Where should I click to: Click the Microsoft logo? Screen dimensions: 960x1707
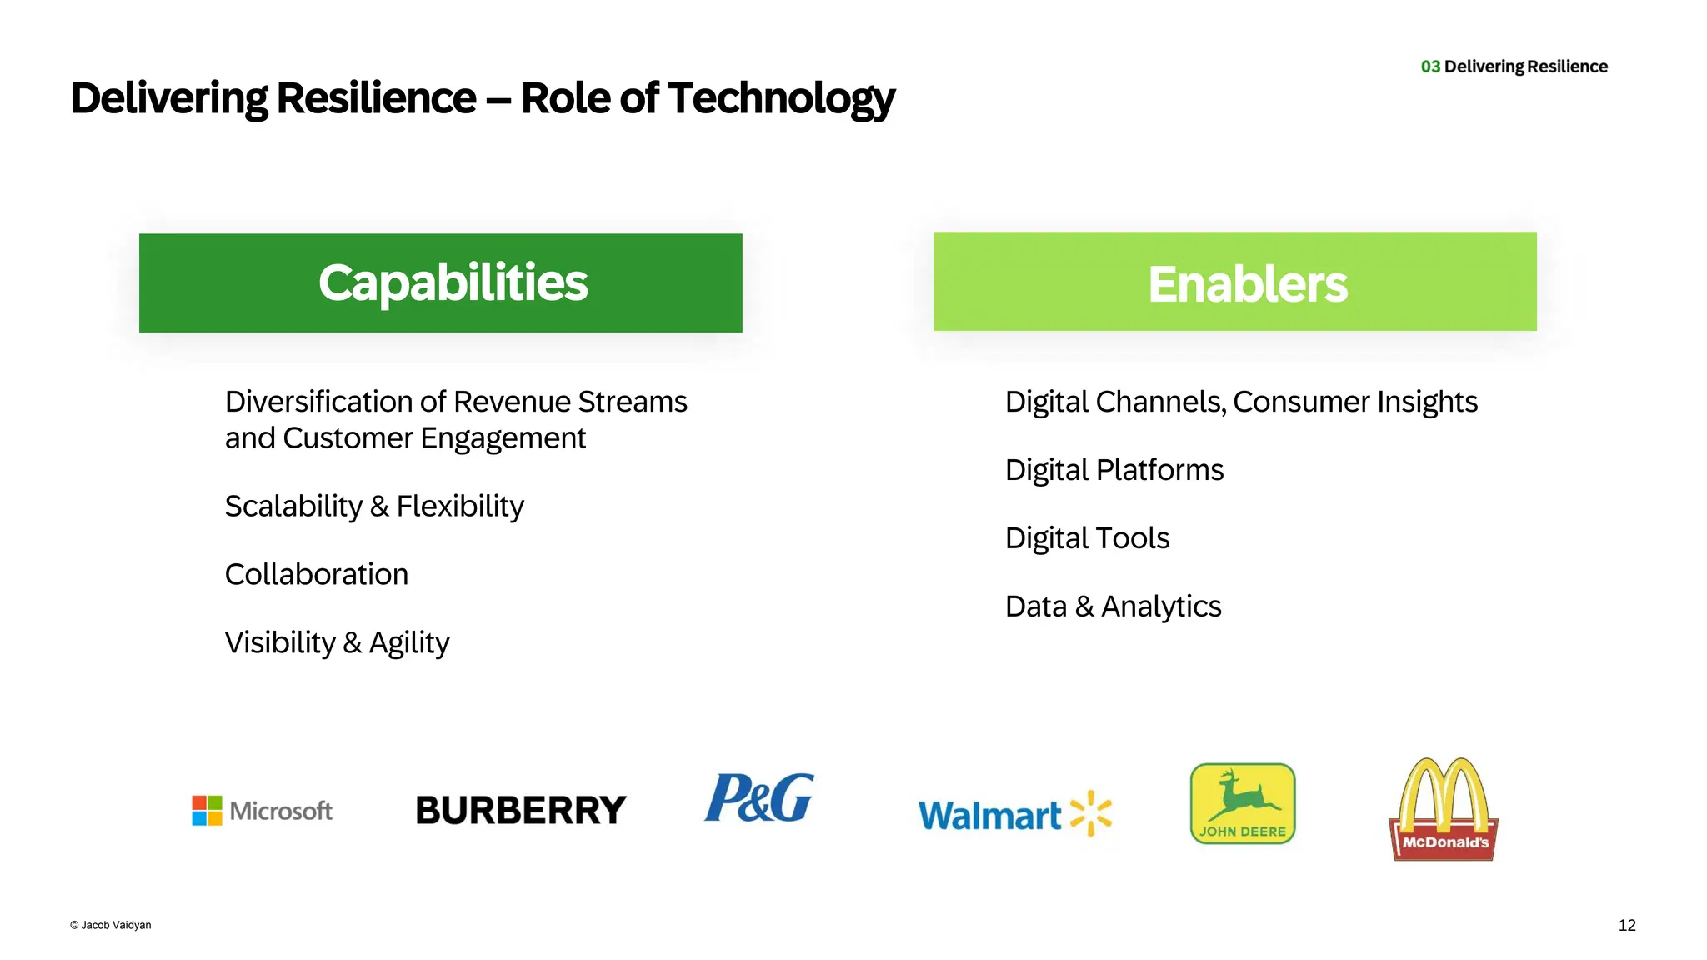pos(262,810)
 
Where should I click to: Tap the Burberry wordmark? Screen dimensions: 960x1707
pos(521,810)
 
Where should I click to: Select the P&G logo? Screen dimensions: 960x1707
pos(758,797)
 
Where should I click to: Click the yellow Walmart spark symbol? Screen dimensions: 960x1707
pos(1091,813)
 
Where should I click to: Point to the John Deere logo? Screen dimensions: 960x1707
pos(1243,803)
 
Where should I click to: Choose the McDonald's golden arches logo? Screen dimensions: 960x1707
pos(1444,808)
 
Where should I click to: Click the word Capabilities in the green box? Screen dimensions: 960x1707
pos(453,282)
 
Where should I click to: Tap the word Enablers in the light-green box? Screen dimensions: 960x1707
pos(1247,284)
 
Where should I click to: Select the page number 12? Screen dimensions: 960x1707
pos(1627,925)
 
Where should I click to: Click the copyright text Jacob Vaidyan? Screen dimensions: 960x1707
pos(111,925)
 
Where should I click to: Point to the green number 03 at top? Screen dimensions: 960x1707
pos(1430,67)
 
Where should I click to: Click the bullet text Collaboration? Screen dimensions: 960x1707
pos(317,574)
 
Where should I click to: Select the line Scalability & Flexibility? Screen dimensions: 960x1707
pos(374,506)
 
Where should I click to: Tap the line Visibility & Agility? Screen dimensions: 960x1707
pos(337,642)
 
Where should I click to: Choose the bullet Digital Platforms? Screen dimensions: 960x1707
pos(1114,470)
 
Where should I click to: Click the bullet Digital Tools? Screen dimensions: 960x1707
pos(1087,538)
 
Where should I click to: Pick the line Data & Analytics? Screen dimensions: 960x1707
pos(1113,607)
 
